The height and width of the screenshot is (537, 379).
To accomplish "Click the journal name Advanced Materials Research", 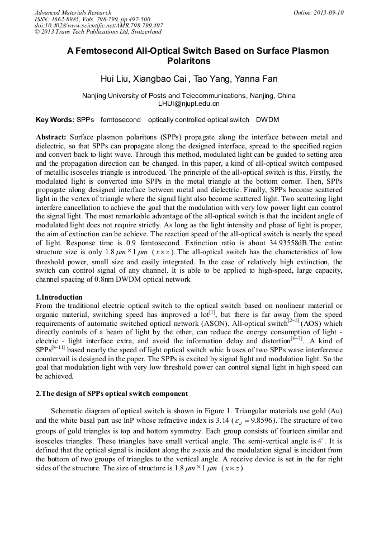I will click(x=73, y=12).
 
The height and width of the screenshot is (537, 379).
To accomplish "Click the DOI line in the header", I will click(x=99, y=26).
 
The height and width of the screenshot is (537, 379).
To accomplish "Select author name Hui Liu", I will click(x=115, y=78).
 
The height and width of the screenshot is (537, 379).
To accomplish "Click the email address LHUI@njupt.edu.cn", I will click(x=189, y=104).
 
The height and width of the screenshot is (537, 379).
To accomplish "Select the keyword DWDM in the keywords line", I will click(x=267, y=120).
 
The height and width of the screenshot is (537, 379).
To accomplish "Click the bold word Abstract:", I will click(x=51, y=137).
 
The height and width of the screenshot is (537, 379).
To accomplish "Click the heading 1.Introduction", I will click(x=59, y=297).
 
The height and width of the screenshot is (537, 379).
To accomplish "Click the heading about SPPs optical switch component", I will click(x=112, y=394).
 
